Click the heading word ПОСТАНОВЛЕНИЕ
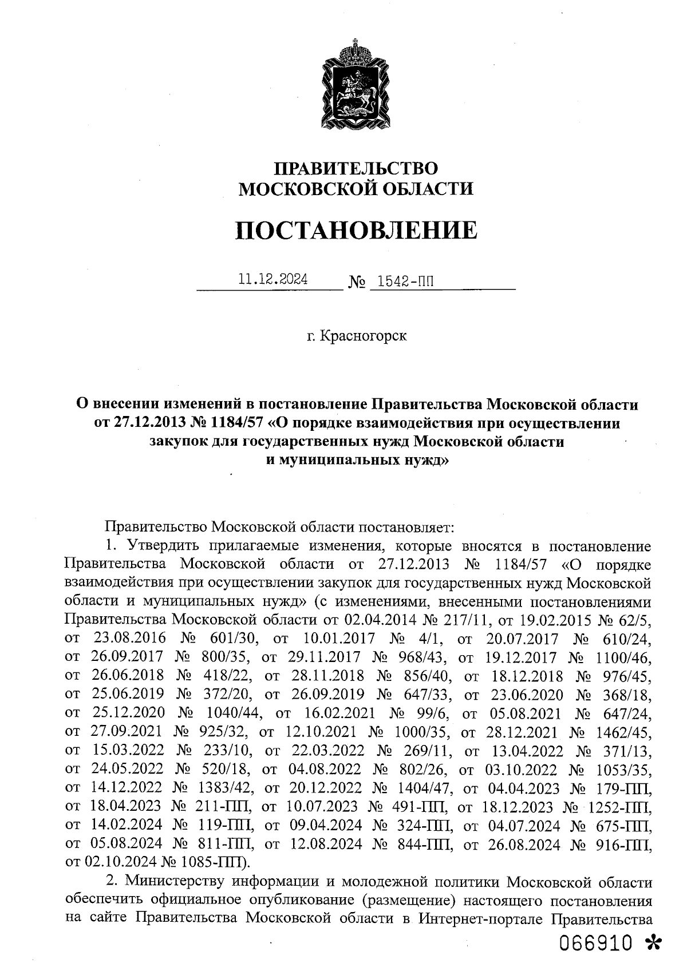[x=356, y=230]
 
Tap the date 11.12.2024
[x=273, y=280]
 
